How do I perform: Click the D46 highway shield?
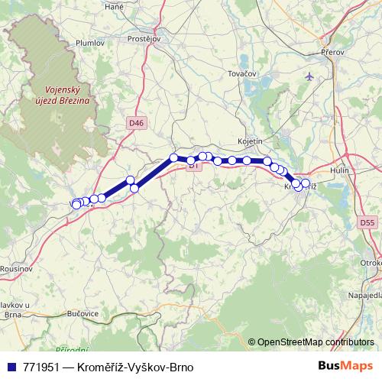[x=135, y=122]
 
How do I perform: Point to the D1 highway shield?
[x=193, y=164]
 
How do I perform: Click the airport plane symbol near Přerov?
[x=309, y=76]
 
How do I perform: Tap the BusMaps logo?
[x=346, y=367]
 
